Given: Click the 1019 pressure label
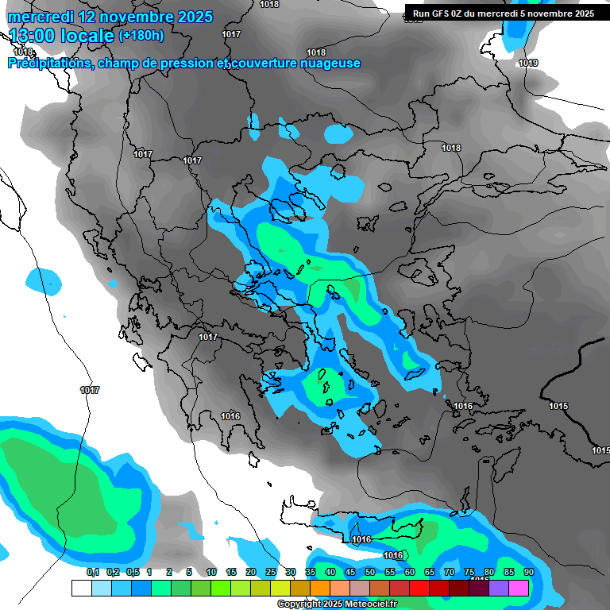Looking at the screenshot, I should (x=528, y=63).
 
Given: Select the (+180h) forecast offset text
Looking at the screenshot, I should (x=141, y=35).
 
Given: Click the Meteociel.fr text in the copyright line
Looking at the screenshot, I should (x=366, y=604).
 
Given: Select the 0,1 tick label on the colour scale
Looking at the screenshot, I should (x=92, y=572).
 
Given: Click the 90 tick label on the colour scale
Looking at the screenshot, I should (x=528, y=572).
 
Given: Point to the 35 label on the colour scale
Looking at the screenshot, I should (x=310, y=572).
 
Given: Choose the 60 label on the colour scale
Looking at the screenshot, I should (x=409, y=572).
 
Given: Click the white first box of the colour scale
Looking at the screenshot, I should (x=81, y=588).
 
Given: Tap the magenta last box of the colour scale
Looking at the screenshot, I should (x=519, y=588).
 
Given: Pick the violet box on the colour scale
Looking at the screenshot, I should (x=499, y=588).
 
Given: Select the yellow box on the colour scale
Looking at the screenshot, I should (x=280, y=588).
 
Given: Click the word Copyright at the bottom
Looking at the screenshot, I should (x=297, y=604).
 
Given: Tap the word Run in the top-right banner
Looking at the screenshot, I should (x=421, y=14).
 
